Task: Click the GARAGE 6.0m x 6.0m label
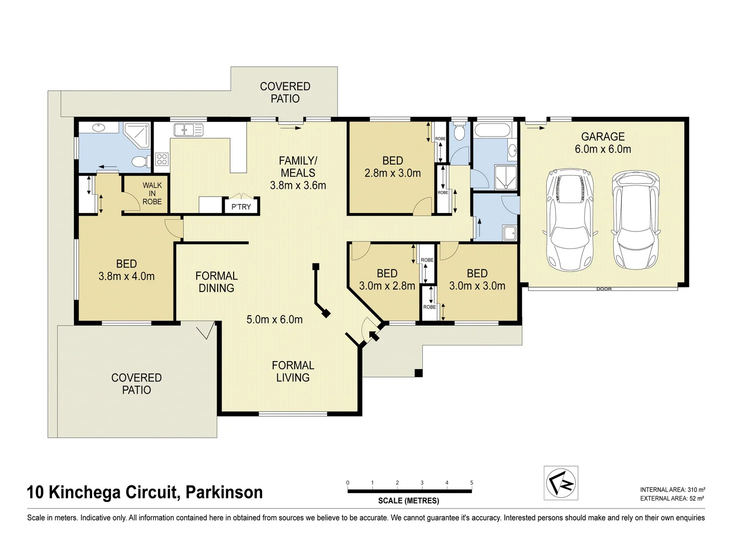pyautogui.click(x=602, y=142)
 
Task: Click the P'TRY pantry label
pyautogui.click(x=241, y=206)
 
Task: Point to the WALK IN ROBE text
pyautogui.click(x=152, y=193)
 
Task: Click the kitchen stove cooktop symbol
pyautogui.click(x=162, y=159)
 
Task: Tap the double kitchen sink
pyautogui.click(x=188, y=130)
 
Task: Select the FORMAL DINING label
pyautogui.click(x=216, y=282)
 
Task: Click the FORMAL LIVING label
pyautogui.click(x=293, y=371)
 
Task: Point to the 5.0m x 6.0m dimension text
pyautogui.click(x=274, y=319)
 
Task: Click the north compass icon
pyautogui.click(x=561, y=483)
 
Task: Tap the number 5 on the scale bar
pyautogui.click(x=471, y=483)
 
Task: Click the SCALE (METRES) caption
pyautogui.click(x=408, y=500)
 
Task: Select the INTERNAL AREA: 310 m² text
pyautogui.click(x=672, y=490)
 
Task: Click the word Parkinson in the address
pyautogui.click(x=224, y=492)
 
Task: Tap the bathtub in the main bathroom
pyautogui.click(x=493, y=131)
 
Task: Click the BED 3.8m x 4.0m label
pyautogui.click(x=127, y=270)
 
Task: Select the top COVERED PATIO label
pyautogui.click(x=285, y=92)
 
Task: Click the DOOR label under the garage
pyautogui.click(x=603, y=289)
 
